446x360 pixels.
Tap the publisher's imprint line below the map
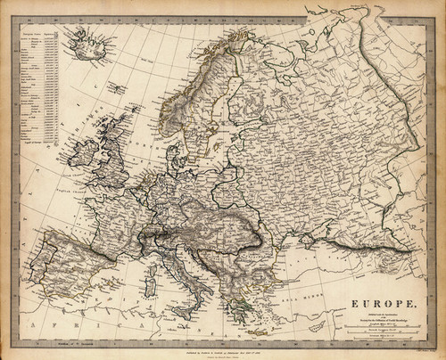point(223,344)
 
